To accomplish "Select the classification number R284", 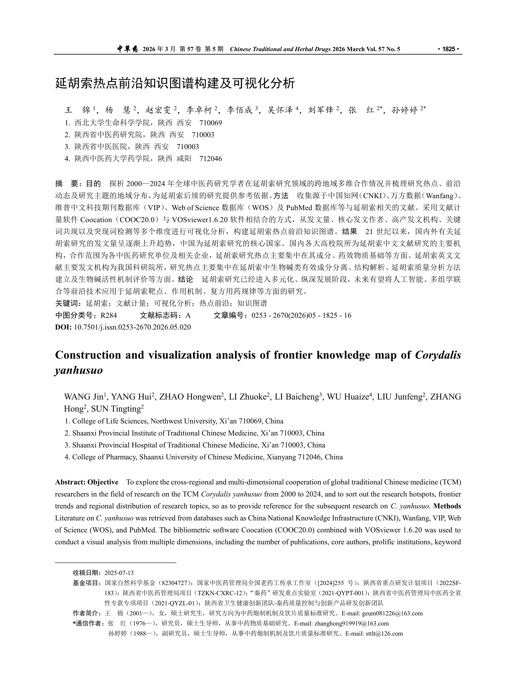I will click(109, 315).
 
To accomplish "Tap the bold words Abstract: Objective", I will click(87, 482).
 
